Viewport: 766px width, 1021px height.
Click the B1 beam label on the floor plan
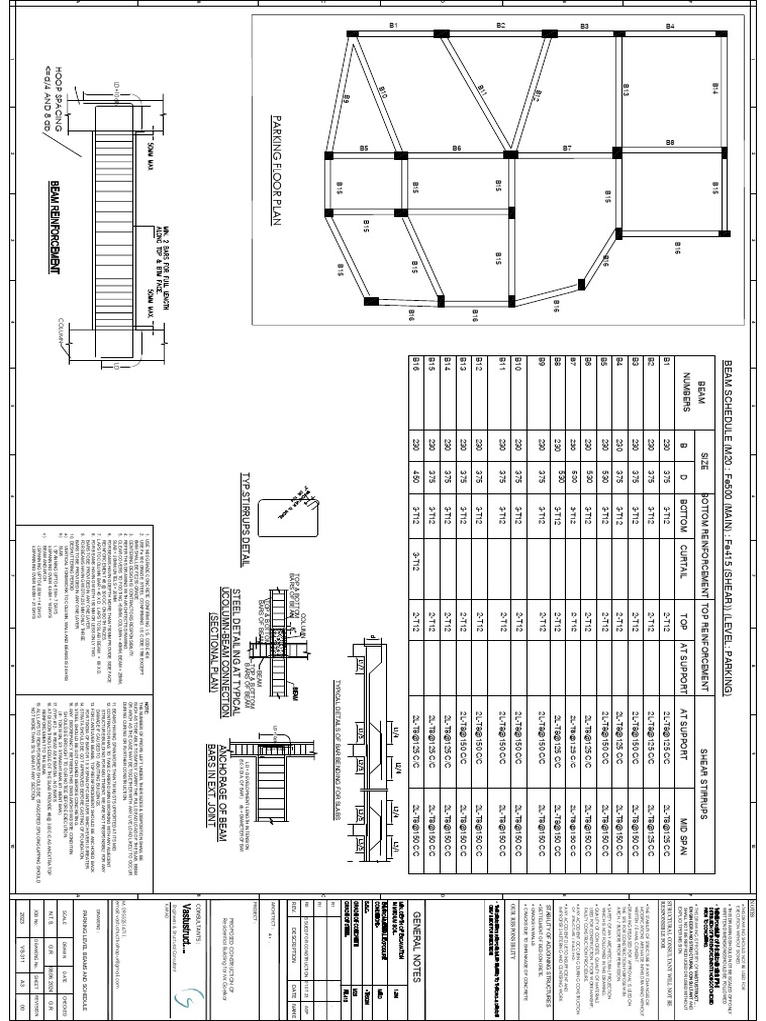click(x=393, y=25)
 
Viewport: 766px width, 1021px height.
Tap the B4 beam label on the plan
click(x=670, y=25)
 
